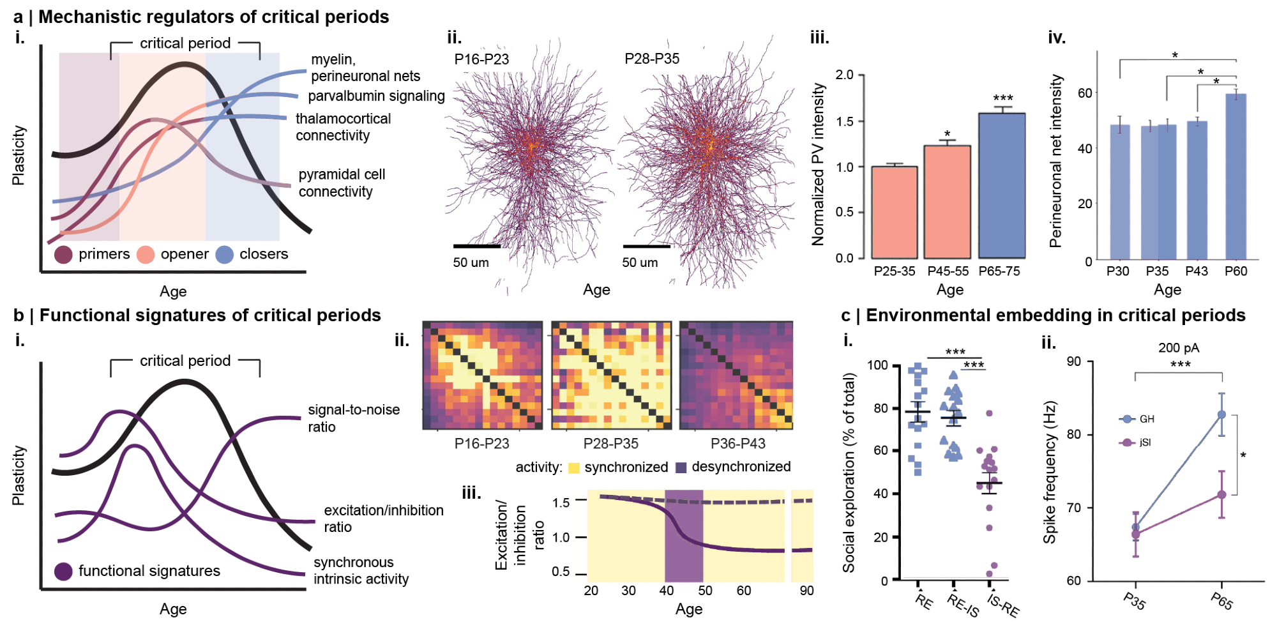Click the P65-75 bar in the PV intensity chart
pyautogui.click(x=1002, y=185)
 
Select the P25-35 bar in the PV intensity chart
pyautogui.click(x=895, y=212)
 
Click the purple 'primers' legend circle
pyautogui.click(x=63, y=255)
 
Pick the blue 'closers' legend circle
pyautogui.click(x=224, y=255)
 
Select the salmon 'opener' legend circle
pyautogui.click(x=146, y=255)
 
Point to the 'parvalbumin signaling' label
pyautogui.click(x=376, y=96)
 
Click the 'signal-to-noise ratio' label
pyautogui.click(x=354, y=418)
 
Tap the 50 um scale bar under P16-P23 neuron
pyautogui.click(x=476, y=246)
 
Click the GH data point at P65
pyautogui.click(x=1221, y=414)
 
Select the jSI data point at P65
pyautogui.click(x=1221, y=495)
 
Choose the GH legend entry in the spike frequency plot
pyautogui.click(x=1137, y=419)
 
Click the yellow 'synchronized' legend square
pyautogui.click(x=573, y=467)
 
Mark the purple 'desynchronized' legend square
pyautogui.click(x=681, y=467)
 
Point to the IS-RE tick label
pyautogui.click(x=1003, y=605)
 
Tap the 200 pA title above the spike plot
pyautogui.click(x=1178, y=348)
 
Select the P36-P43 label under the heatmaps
pyautogui.click(x=737, y=443)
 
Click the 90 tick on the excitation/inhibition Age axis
pyautogui.click(x=806, y=591)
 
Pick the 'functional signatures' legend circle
pyautogui.click(x=63, y=571)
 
